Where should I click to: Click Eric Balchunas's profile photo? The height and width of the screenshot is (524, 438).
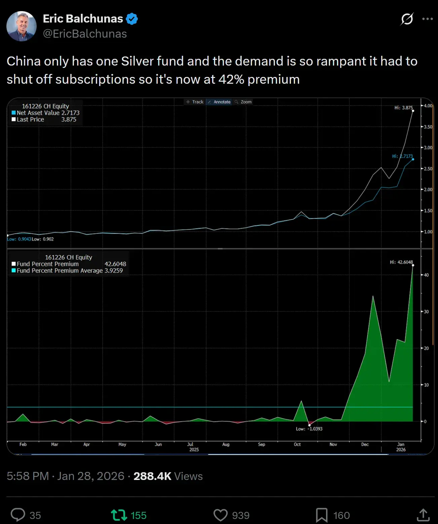click(22, 26)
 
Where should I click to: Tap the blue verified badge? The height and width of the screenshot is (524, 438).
click(132, 19)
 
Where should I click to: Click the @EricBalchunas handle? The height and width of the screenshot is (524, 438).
click(85, 34)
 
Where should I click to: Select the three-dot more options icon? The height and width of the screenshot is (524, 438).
click(427, 19)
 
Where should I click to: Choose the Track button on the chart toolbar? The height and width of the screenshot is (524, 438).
click(195, 102)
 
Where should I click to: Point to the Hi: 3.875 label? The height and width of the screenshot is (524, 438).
click(403, 108)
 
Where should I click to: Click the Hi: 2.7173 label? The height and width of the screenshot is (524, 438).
click(402, 156)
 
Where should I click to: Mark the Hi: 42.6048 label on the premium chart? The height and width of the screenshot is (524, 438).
click(401, 262)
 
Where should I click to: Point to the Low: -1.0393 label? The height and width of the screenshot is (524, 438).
click(309, 429)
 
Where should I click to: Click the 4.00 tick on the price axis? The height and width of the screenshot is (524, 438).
click(428, 106)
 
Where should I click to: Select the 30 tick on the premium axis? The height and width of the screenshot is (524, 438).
click(426, 312)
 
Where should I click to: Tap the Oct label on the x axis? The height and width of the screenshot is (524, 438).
click(297, 444)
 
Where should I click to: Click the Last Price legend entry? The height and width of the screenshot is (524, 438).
click(31, 120)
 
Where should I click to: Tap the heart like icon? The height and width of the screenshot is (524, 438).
click(221, 515)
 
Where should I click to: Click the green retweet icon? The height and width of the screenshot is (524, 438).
click(119, 515)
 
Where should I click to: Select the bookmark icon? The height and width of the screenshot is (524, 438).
click(321, 515)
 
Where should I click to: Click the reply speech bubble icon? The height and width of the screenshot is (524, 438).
click(18, 515)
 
